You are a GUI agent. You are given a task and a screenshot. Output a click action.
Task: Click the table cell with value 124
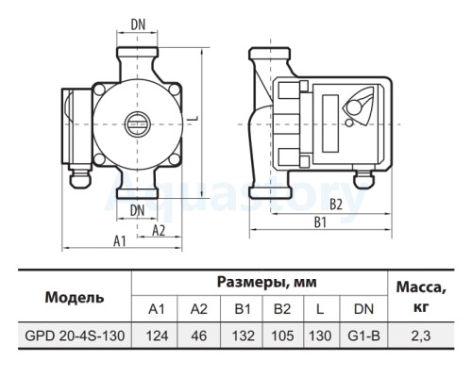pyautogui.click(x=157, y=336)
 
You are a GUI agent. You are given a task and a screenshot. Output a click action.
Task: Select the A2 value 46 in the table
pyautogui.click(x=199, y=336)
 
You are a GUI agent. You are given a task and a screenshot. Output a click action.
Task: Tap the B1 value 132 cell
pyautogui.click(x=243, y=336)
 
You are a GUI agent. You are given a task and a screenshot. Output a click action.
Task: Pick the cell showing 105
pyautogui.click(x=282, y=336)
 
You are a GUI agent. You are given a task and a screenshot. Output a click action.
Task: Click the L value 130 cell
pyautogui.click(x=320, y=336)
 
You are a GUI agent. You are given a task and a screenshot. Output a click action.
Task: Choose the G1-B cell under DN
pyautogui.click(x=363, y=336)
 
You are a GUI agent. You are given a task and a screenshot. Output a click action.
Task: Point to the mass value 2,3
pyautogui.click(x=420, y=336)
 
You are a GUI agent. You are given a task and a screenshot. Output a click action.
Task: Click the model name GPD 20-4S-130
pyautogui.click(x=75, y=336)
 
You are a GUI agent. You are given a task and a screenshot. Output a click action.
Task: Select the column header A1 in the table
pyautogui.click(x=157, y=309)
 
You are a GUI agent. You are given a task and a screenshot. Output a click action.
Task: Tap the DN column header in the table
pyautogui.click(x=363, y=309)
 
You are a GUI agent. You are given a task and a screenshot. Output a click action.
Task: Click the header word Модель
pyautogui.click(x=75, y=297)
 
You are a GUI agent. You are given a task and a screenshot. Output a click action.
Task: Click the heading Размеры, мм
pyautogui.click(x=267, y=282)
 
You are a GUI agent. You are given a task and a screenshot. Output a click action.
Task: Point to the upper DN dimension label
pyautogui.click(x=138, y=25)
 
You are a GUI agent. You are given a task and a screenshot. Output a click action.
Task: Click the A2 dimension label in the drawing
pyautogui.click(x=159, y=231)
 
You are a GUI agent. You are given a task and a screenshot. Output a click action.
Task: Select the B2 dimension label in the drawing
pyautogui.click(x=336, y=205)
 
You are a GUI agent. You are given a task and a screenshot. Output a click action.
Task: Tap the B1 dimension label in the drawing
pyautogui.click(x=320, y=222)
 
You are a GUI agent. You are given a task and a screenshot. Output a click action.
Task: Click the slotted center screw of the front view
pyautogui.click(x=138, y=124)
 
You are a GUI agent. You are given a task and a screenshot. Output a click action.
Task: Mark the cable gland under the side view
pyautogui.click(x=363, y=180)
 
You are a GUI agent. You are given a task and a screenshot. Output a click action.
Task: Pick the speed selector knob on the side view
pyautogui.click(x=355, y=107)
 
